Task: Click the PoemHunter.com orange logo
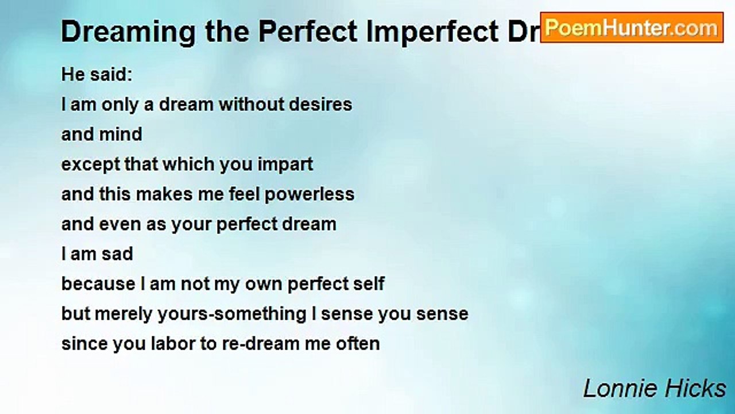pyautogui.click(x=632, y=28)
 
